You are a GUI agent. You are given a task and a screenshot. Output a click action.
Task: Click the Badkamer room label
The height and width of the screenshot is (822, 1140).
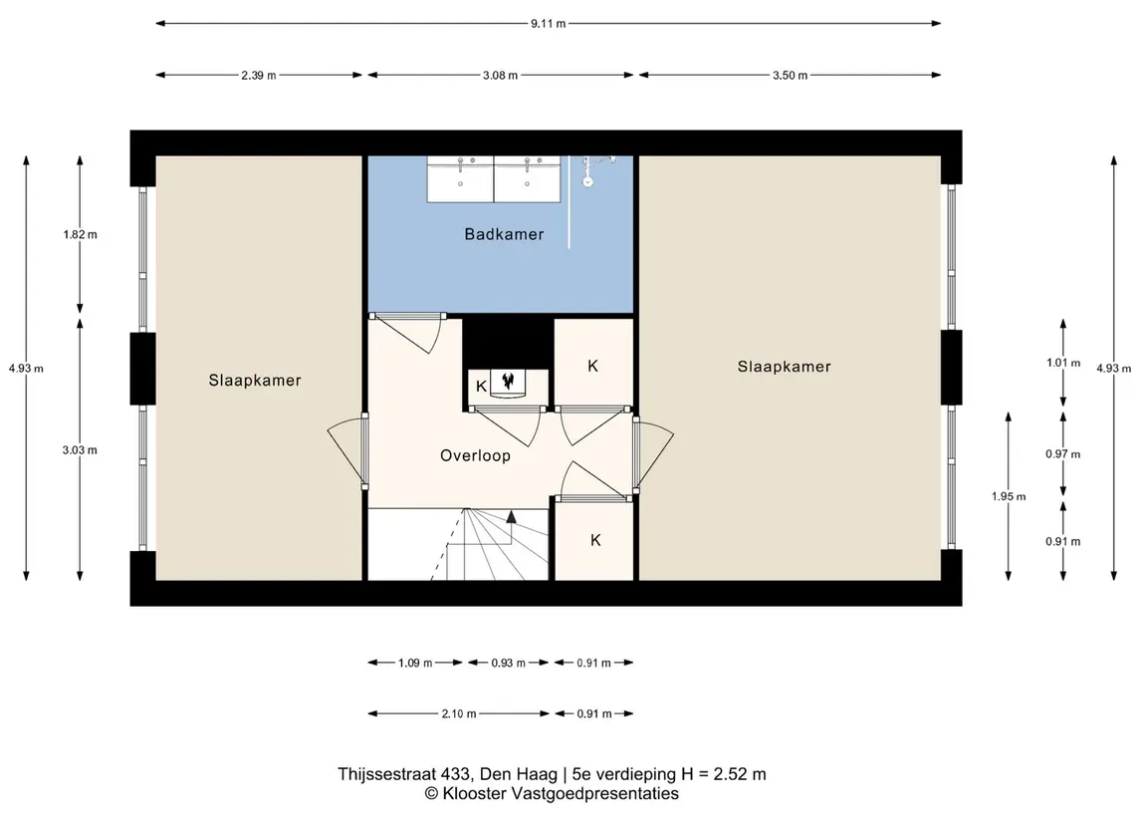[504, 234]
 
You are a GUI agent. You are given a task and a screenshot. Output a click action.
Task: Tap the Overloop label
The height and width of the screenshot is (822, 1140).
[476, 456]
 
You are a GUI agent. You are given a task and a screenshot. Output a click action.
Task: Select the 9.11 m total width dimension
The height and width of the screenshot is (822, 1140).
[549, 23]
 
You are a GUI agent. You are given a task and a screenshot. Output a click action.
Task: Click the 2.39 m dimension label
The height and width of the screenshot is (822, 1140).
[259, 75]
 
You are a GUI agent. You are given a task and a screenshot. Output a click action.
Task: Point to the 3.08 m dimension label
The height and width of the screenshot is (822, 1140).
[500, 75]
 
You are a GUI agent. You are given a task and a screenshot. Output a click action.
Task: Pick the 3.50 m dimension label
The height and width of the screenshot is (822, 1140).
[791, 75]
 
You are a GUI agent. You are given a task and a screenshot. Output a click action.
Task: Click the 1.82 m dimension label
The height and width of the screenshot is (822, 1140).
[80, 234]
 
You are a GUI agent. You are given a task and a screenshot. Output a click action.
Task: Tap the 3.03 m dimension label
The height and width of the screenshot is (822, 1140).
[80, 450]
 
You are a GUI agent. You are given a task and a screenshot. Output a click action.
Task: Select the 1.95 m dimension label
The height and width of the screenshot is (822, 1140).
[1009, 497]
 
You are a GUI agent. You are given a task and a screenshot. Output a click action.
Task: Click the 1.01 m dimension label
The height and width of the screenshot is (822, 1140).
[1063, 363]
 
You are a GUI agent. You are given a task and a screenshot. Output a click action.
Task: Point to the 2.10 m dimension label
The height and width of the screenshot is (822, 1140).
[459, 713]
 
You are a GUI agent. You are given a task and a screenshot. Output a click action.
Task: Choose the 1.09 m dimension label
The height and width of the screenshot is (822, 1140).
[415, 663]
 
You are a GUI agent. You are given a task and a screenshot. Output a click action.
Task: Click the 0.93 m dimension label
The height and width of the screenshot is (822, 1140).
[508, 663]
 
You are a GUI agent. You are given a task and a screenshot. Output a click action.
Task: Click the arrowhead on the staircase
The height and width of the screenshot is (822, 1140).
[511, 517]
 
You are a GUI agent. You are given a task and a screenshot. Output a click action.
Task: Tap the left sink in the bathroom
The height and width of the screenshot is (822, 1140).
[460, 179]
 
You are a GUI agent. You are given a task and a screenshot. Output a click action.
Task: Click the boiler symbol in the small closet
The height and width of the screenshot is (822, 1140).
[508, 383]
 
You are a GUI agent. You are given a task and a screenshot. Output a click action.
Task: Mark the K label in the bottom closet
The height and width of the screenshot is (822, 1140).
[595, 540]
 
